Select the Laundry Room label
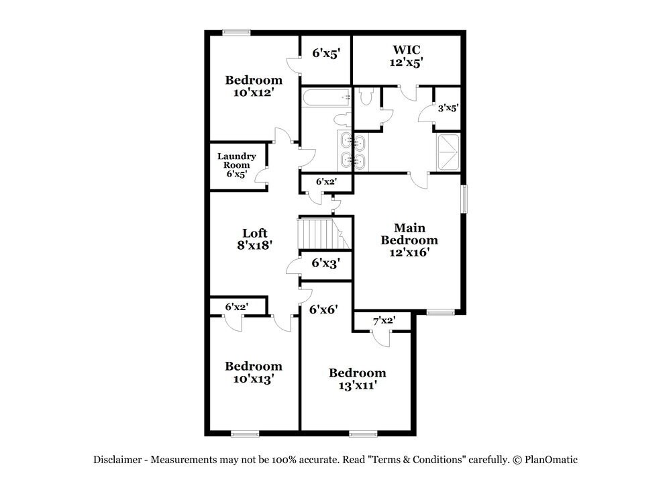236,161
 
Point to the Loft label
254,233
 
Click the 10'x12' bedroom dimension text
254,93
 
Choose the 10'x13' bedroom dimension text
253,379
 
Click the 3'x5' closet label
448,107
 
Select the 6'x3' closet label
326,263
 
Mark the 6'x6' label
323,309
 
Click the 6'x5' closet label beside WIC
327,53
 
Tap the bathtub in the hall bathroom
326,97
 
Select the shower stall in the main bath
448,152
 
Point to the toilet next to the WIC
366,97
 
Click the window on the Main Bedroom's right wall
463,200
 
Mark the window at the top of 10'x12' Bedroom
237,32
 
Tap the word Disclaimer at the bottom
117,460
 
